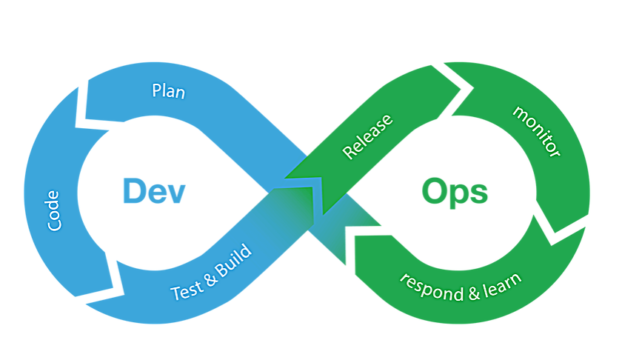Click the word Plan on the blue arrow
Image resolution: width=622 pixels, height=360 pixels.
(x=168, y=91)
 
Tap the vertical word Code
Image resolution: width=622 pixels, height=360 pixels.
(x=53, y=210)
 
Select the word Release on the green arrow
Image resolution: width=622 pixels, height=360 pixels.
(x=367, y=137)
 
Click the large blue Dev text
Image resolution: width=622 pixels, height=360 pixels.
(x=153, y=191)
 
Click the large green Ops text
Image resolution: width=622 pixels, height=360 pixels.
(x=455, y=192)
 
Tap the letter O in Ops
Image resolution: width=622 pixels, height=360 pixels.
(x=437, y=192)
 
